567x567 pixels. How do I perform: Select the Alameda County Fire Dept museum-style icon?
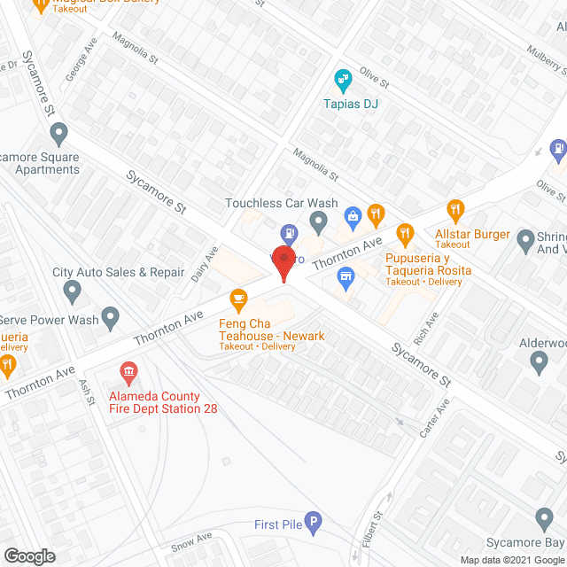(x=129, y=369)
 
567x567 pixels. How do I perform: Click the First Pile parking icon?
(x=312, y=523)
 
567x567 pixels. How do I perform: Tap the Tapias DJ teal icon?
(x=343, y=81)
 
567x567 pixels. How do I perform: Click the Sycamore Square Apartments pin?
(x=59, y=135)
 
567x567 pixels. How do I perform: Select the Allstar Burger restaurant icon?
(x=456, y=211)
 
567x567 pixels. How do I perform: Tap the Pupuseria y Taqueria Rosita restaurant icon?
(x=406, y=236)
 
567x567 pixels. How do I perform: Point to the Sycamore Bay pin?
(x=544, y=517)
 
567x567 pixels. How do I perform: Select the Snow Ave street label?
(x=192, y=540)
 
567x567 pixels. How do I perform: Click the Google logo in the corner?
(x=29, y=555)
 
